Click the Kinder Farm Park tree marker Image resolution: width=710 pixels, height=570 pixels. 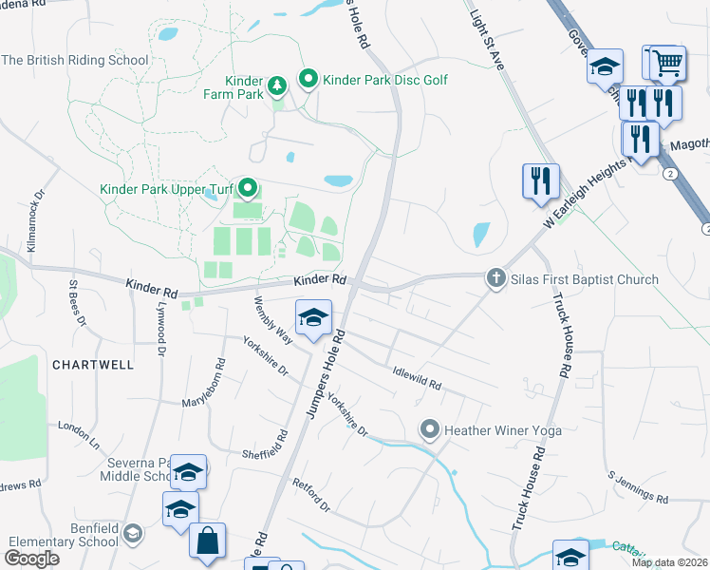[276, 87]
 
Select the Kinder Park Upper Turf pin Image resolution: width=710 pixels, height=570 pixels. [248, 188]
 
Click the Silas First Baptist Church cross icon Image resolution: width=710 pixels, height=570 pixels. [495, 278]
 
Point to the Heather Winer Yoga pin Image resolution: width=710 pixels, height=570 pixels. [430, 430]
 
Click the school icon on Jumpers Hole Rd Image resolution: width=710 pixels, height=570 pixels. [312, 318]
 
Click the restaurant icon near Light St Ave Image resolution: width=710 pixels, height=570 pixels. [540, 180]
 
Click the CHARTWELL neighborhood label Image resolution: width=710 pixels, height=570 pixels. [93, 365]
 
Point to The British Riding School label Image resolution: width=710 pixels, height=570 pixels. [75, 60]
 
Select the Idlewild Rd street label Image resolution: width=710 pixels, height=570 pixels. [417, 378]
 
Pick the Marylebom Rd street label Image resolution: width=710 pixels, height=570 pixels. [203, 384]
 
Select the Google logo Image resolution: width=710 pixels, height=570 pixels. [32, 558]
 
